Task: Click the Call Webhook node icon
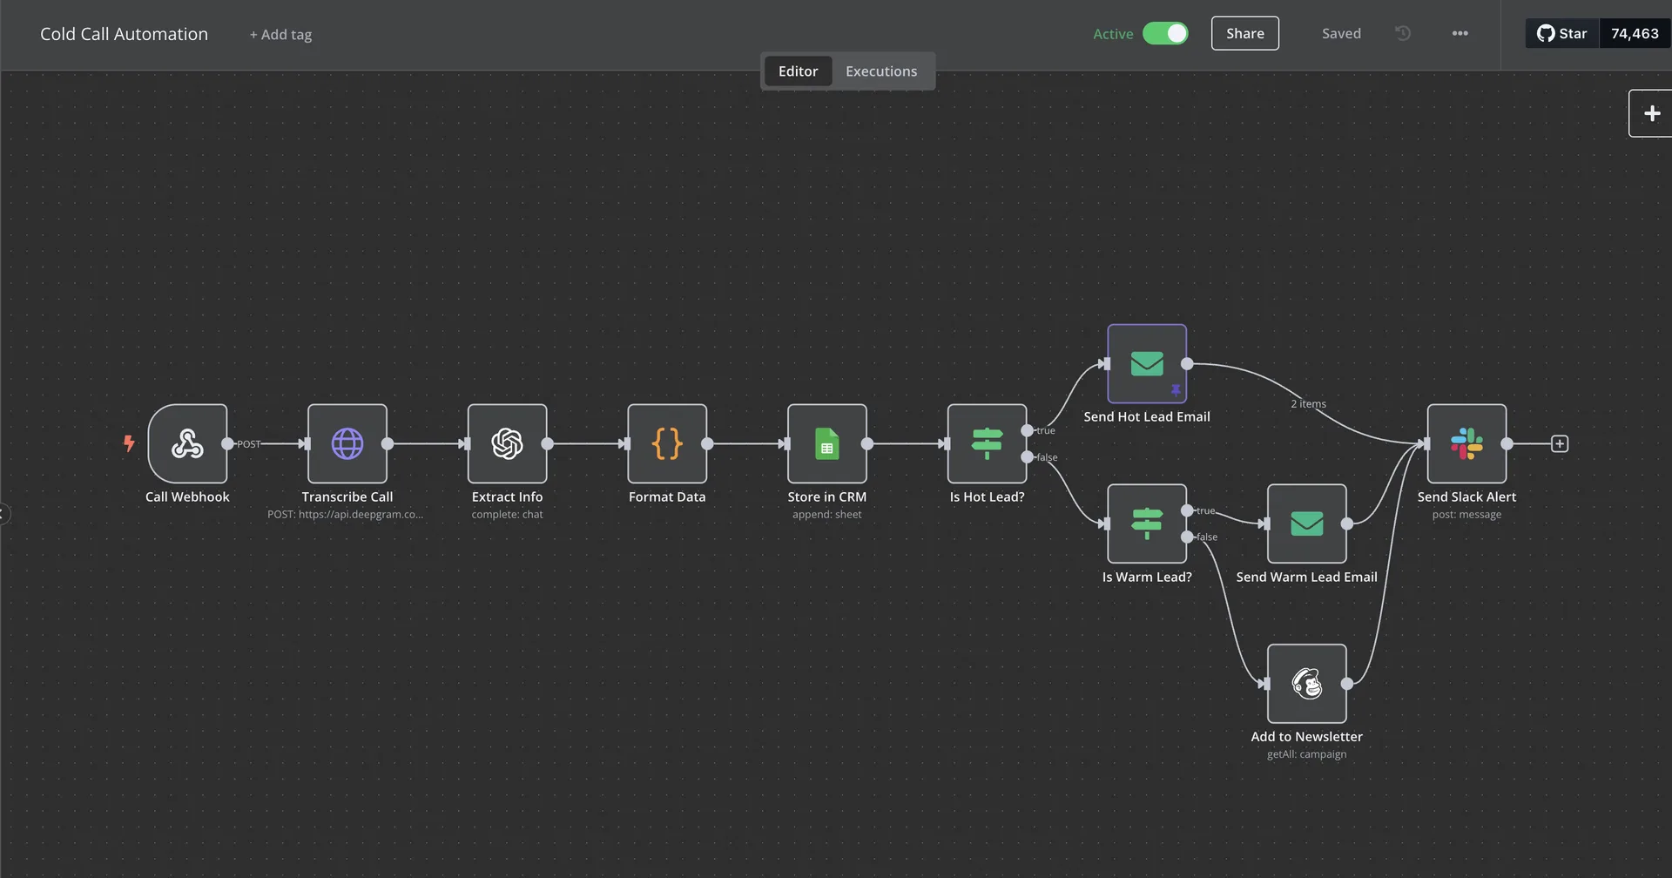[x=187, y=443]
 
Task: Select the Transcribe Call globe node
[x=347, y=443]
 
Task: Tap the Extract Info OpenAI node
[x=507, y=443]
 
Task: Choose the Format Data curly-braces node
[x=667, y=443]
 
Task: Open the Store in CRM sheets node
[x=826, y=443]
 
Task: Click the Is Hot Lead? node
[x=987, y=443]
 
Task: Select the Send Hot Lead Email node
[x=1146, y=363]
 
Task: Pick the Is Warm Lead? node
[x=1146, y=523]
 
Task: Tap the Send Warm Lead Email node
[x=1306, y=523]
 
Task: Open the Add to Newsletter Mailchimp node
[x=1306, y=684]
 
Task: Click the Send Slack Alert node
[x=1466, y=443]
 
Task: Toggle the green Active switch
[x=1165, y=33]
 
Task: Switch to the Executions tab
[x=880, y=71]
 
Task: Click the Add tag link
[x=280, y=35]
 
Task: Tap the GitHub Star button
[x=1562, y=33]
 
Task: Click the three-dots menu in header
[x=1460, y=33]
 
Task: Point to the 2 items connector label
[x=1308, y=404]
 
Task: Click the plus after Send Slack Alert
[x=1560, y=444]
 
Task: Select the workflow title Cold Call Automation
[x=124, y=34]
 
